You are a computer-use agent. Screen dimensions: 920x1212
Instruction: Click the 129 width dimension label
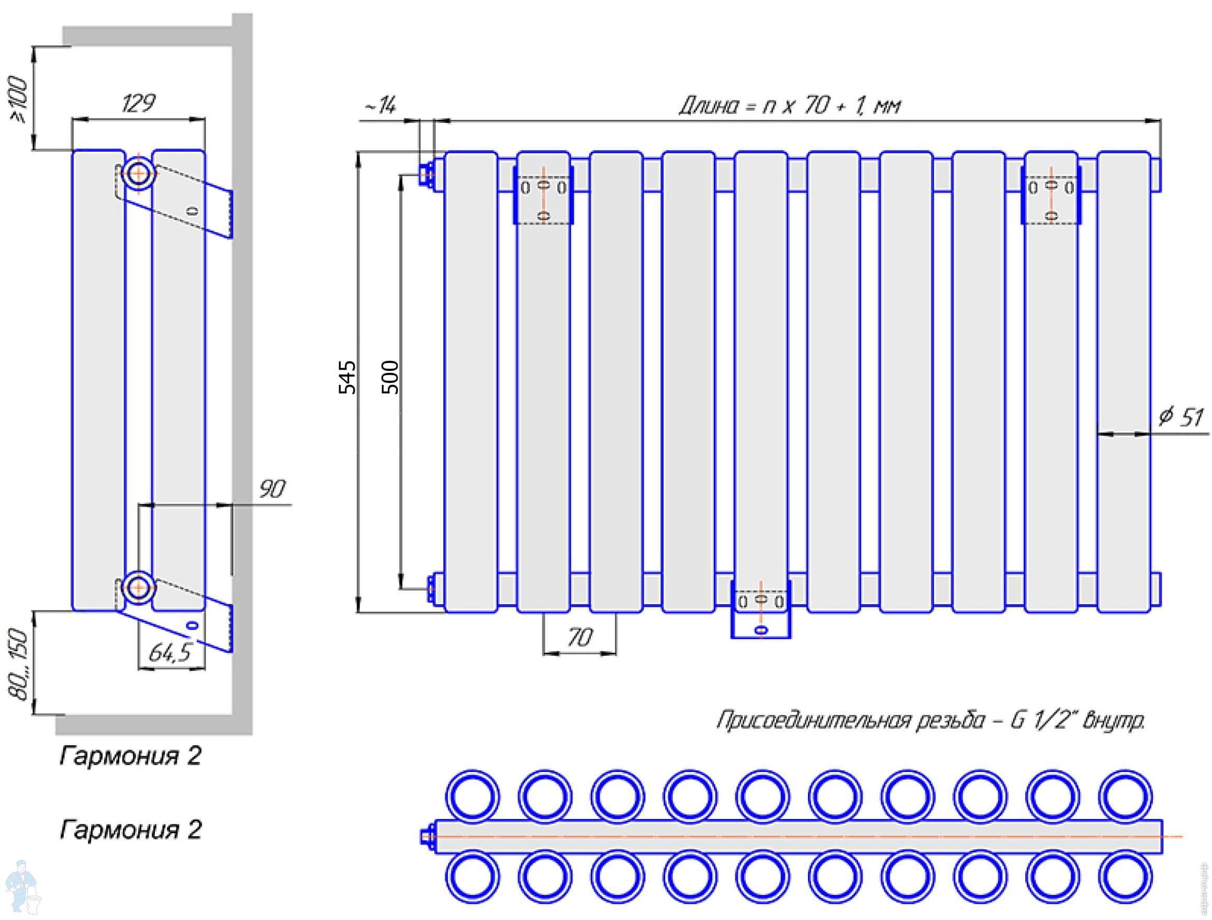pyautogui.click(x=138, y=103)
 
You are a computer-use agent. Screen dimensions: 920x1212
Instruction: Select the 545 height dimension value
pyautogui.click(x=347, y=377)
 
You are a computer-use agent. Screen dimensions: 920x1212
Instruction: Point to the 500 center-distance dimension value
pyautogui.click(x=389, y=377)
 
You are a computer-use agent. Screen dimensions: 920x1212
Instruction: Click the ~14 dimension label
pyautogui.click(x=380, y=105)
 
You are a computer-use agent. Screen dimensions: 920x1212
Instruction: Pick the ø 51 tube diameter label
pyautogui.click(x=1182, y=417)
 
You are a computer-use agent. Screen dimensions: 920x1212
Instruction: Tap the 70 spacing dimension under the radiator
pyautogui.click(x=580, y=638)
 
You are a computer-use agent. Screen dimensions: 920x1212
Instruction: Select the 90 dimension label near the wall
pyautogui.click(x=272, y=489)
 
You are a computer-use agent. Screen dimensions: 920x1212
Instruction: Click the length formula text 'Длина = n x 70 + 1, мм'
pyautogui.click(x=790, y=105)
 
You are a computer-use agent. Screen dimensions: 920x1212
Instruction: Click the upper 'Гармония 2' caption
pyautogui.click(x=130, y=756)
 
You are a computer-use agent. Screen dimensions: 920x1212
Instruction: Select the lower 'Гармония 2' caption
pyautogui.click(x=130, y=830)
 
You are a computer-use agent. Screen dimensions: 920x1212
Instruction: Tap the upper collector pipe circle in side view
pyautogui.click(x=138, y=174)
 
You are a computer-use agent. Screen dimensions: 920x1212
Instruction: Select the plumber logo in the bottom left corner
pyautogui.click(x=21, y=887)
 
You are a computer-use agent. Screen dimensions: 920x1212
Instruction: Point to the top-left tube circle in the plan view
pyautogui.click(x=473, y=797)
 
